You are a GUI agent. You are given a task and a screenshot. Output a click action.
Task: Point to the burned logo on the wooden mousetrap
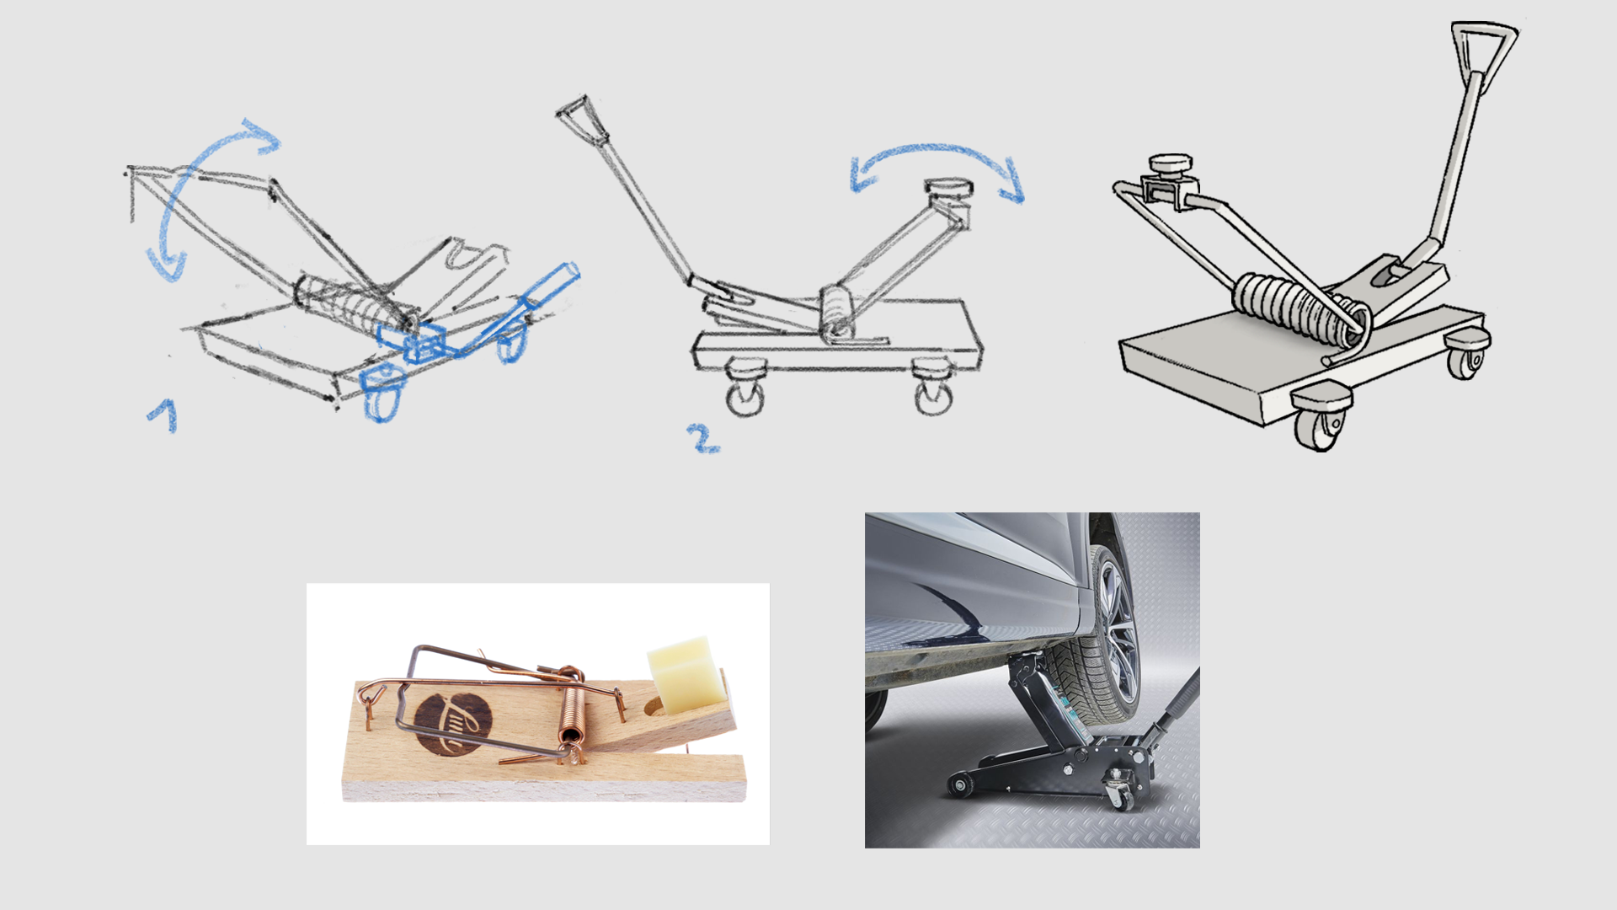tap(452, 724)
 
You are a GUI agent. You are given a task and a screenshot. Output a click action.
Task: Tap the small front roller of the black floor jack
tap(958, 785)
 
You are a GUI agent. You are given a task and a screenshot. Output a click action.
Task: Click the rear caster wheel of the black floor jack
tap(1120, 795)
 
